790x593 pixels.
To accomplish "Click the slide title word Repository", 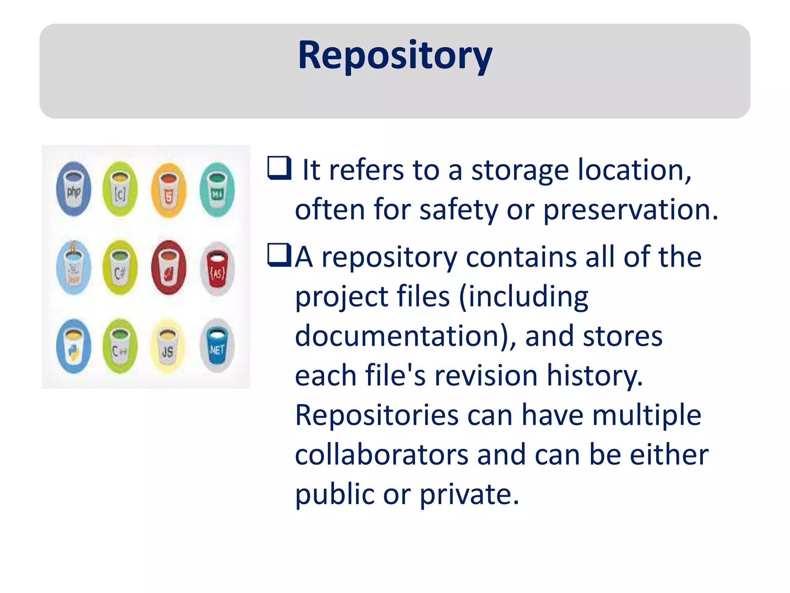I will (x=395, y=56).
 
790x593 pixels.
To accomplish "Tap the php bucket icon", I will (x=74, y=189).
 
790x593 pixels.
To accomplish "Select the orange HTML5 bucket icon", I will (x=169, y=190).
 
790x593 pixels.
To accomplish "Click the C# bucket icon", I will (x=120, y=268).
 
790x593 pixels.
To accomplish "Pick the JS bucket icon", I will (x=167, y=347).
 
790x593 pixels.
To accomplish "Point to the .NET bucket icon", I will (x=217, y=346).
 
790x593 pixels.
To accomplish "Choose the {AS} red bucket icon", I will (x=217, y=268).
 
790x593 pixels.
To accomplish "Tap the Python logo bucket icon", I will (x=73, y=346).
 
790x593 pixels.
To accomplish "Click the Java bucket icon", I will (x=73, y=268).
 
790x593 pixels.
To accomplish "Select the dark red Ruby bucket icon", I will (x=169, y=268).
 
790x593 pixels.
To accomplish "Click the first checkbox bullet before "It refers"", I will (x=279, y=168).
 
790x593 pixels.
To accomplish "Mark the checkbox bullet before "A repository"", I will (x=279, y=255).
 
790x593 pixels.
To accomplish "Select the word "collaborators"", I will (x=381, y=455).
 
